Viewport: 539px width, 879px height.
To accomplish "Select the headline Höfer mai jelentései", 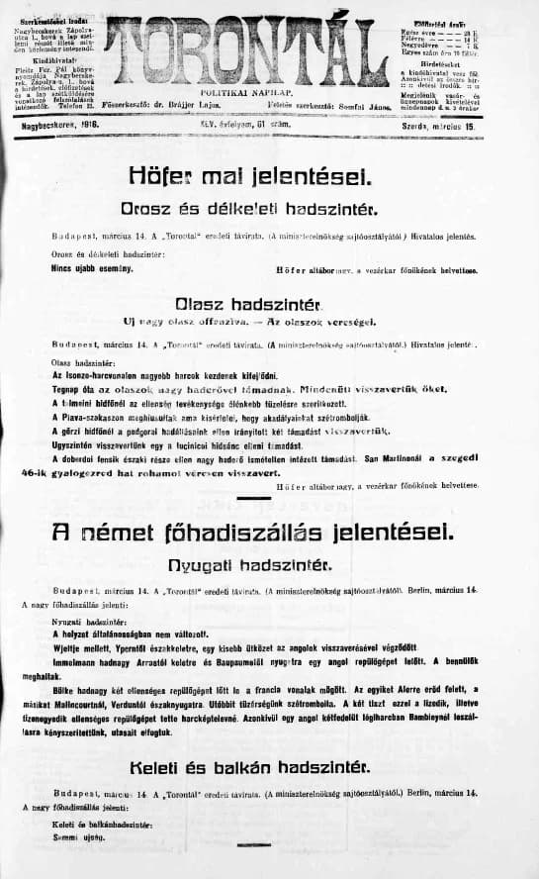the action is (x=250, y=176).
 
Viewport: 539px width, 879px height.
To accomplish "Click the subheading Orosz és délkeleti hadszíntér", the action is (x=250, y=210).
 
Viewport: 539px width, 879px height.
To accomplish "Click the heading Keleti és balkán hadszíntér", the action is (x=249, y=767).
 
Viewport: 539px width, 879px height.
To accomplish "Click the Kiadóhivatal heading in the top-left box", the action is (x=40, y=61).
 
